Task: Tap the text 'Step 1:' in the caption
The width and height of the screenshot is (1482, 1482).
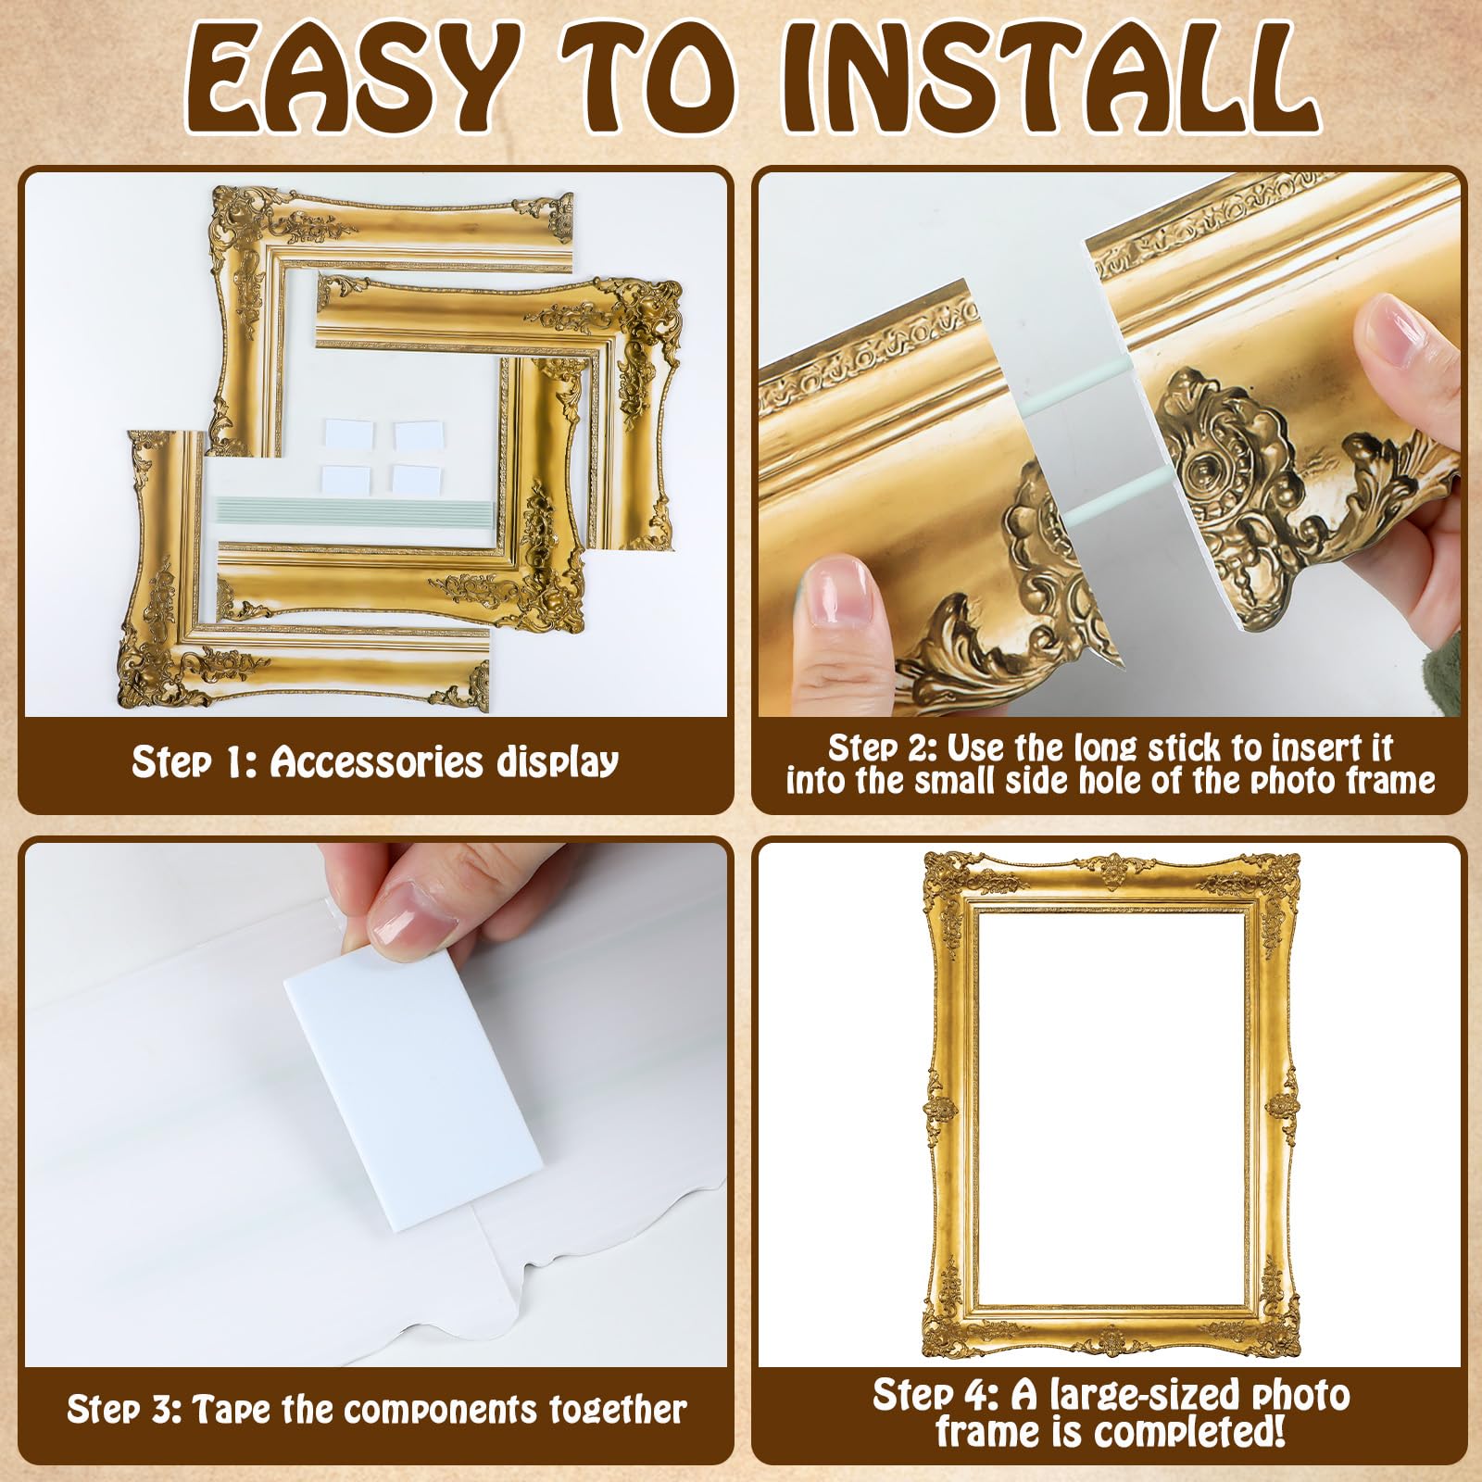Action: pos(194,762)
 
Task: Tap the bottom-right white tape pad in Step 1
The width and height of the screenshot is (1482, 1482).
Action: pos(417,479)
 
